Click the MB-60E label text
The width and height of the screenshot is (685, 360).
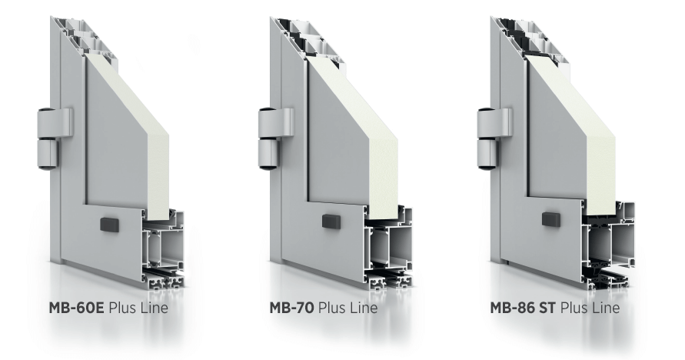coord(76,308)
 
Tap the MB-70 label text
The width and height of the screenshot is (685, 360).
coord(291,308)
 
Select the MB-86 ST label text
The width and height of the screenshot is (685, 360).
coord(523,308)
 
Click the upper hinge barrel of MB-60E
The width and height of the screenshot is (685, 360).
coord(55,123)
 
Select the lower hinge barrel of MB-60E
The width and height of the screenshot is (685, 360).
coord(47,154)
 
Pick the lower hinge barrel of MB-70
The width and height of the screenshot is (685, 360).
coord(268,154)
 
